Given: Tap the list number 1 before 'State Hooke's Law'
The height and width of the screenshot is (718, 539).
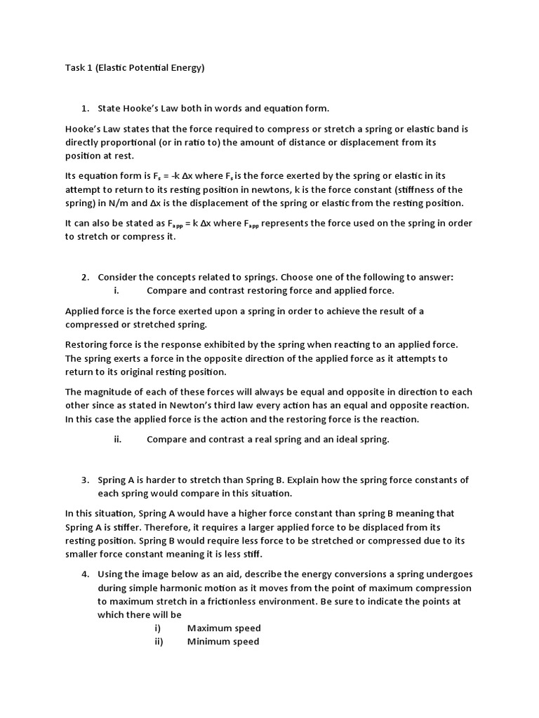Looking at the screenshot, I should [x=85, y=109].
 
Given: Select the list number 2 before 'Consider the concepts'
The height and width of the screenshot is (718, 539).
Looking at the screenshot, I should [x=85, y=277].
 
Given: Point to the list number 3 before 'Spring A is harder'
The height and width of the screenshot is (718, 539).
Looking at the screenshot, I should [x=85, y=480].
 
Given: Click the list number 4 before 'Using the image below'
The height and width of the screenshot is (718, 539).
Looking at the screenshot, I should [x=85, y=574].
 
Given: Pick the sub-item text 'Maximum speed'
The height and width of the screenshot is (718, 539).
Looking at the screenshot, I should [x=224, y=628].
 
